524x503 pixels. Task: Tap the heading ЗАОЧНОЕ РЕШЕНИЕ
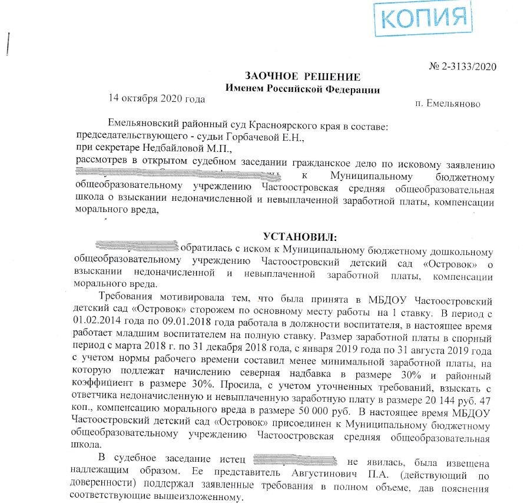pos(303,77)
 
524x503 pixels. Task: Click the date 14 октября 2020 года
pos(157,98)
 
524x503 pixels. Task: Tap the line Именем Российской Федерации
pos(303,89)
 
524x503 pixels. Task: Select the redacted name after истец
pos(294,459)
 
